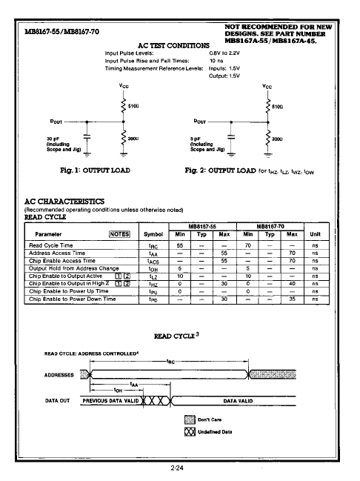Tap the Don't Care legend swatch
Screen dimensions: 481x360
187,419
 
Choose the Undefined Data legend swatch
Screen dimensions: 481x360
187,431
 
